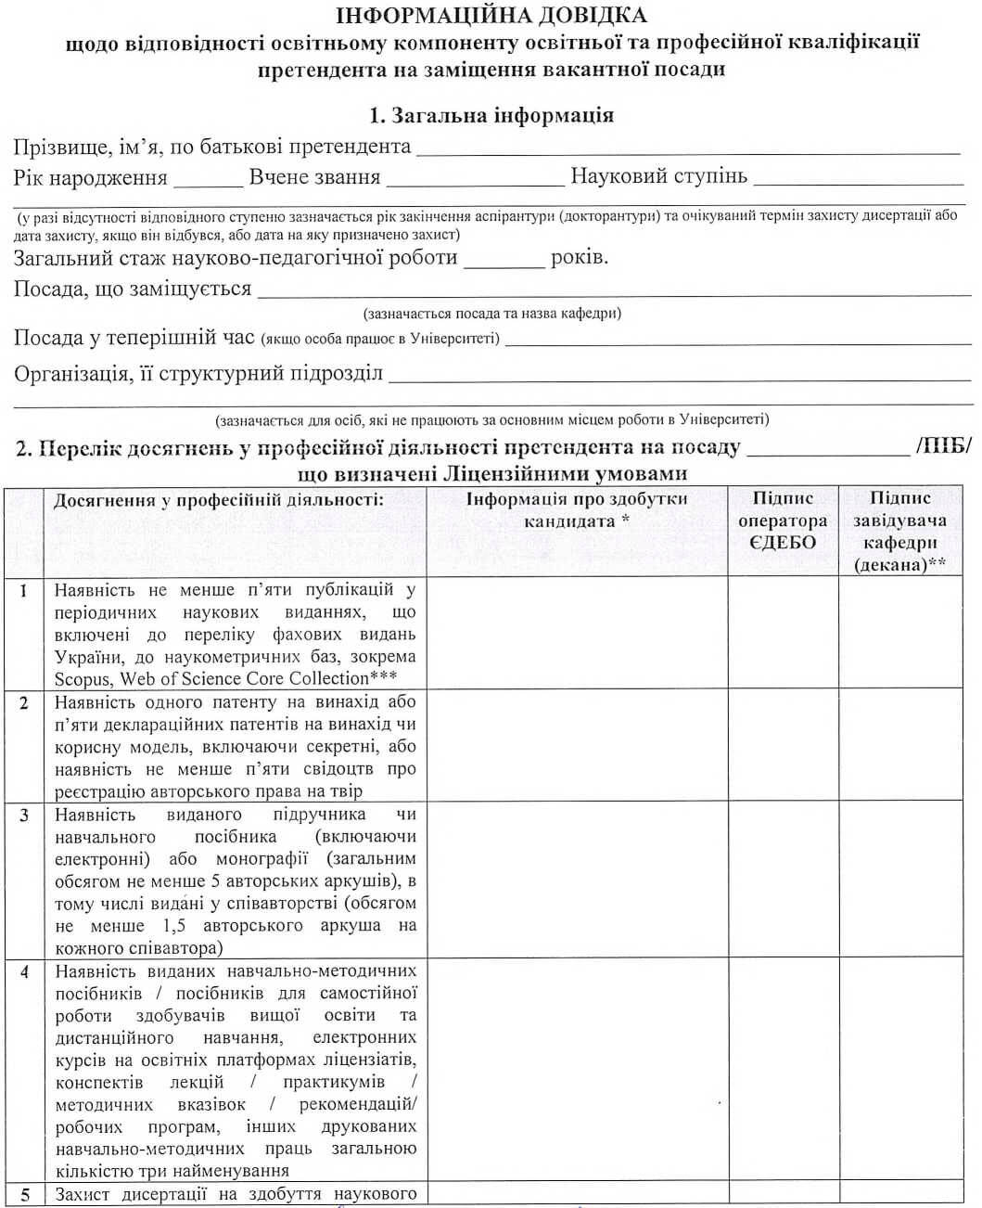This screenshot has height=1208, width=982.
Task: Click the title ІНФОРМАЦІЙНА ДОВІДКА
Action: coord(491,16)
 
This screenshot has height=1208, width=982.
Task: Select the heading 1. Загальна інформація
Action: coord(491,116)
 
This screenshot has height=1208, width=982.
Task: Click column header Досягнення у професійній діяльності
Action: coord(218,501)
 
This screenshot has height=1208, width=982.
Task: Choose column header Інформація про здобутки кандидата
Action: coord(577,511)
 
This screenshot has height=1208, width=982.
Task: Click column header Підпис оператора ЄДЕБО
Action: coord(783,521)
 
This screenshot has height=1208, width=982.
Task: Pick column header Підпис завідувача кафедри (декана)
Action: coord(899,532)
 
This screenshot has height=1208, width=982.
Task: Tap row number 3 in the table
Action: coord(24,816)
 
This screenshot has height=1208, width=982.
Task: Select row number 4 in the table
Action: coord(24,972)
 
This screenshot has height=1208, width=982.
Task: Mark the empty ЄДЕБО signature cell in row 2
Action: coord(783,745)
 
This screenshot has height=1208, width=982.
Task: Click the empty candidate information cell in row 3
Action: coord(577,880)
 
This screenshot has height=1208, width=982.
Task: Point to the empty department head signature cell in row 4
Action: coord(899,1069)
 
